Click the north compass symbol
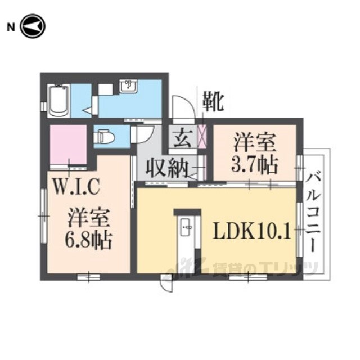tap(33, 26)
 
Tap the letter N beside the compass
tap(11, 28)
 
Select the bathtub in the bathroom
tap(58, 101)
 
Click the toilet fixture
tap(104, 138)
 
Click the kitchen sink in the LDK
tap(186, 227)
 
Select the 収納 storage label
tap(167, 169)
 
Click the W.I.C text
tap(76, 187)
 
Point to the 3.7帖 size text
tap(254, 165)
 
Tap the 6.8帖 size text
tap(88, 240)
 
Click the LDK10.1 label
tap(252, 231)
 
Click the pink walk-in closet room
tap(68, 145)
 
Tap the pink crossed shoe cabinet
tap(202, 136)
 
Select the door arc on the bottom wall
tap(166, 283)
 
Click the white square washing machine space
tap(106, 89)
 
